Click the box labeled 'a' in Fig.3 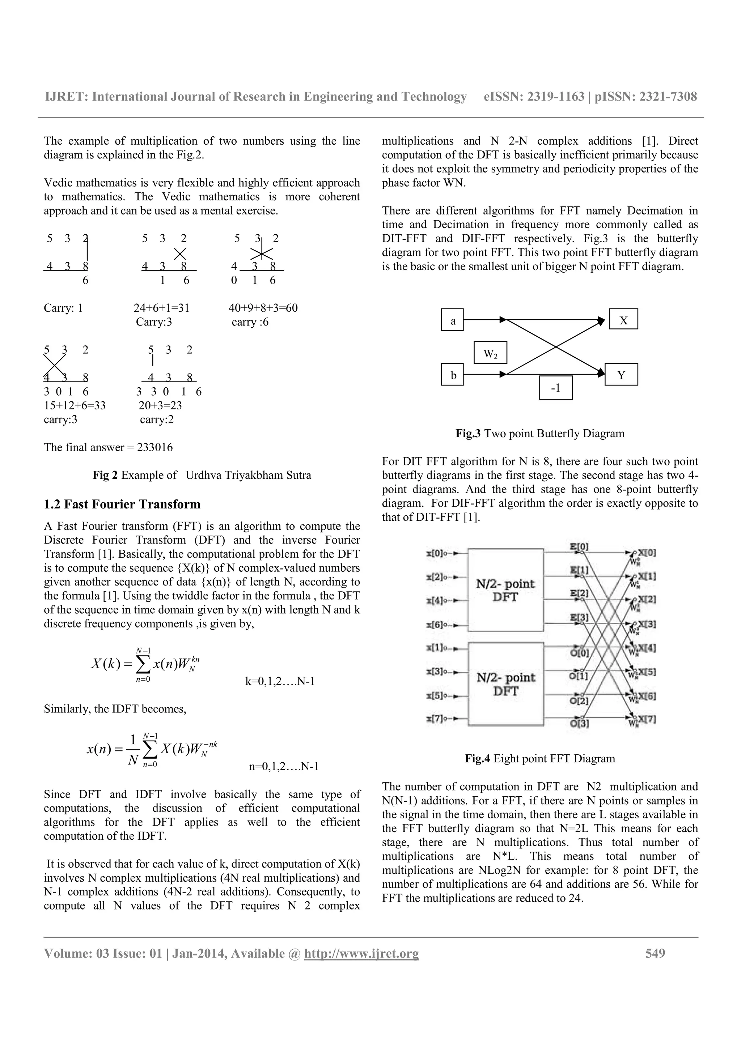pyautogui.click(x=453, y=320)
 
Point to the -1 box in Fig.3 pyautogui.click(x=556, y=388)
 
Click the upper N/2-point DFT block pyautogui.click(x=505, y=590)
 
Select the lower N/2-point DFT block pyautogui.click(x=505, y=684)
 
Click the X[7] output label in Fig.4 pyautogui.click(x=647, y=720)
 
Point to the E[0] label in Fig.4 pyautogui.click(x=579, y=546)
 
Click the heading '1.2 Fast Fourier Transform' pyautogui.click(x=122, y=504)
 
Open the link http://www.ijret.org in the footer pyautogui.click(x=361, y=954)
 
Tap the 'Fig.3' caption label pyautogui.click(x=468, y=433)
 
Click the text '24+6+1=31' pyautogui.click(x=161, y=308)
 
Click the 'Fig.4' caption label pyautogui.click(x=477, y=759)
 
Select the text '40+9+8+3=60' pyautogui.click(x=263, y=308)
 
